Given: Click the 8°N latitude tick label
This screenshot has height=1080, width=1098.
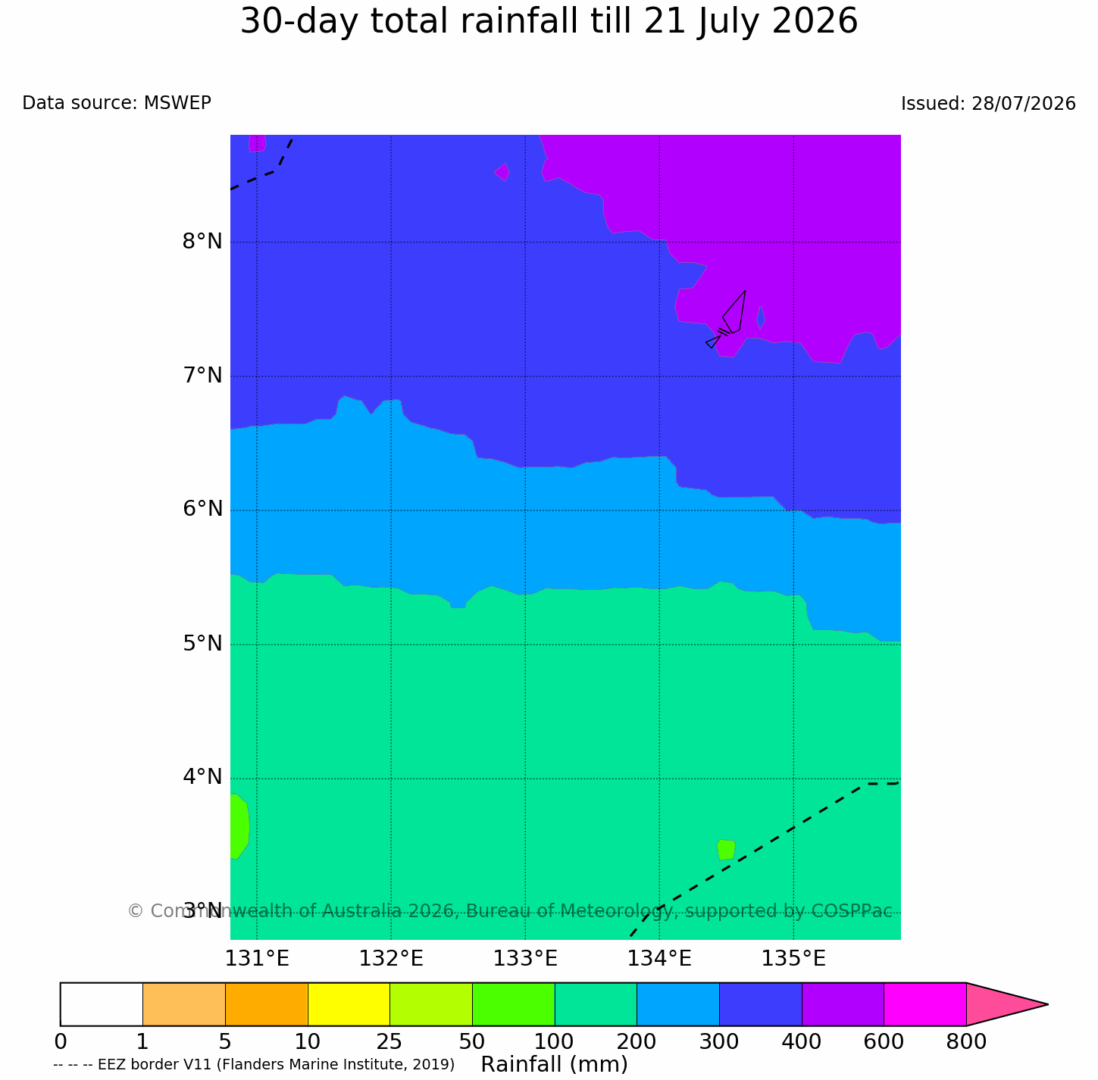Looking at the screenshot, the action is [202, 242].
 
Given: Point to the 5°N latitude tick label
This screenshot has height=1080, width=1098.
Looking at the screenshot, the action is [202, 643].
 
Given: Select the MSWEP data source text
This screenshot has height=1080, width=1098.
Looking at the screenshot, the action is [177, 102].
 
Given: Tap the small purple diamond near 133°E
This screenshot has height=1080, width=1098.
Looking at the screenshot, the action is [502, 172].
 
